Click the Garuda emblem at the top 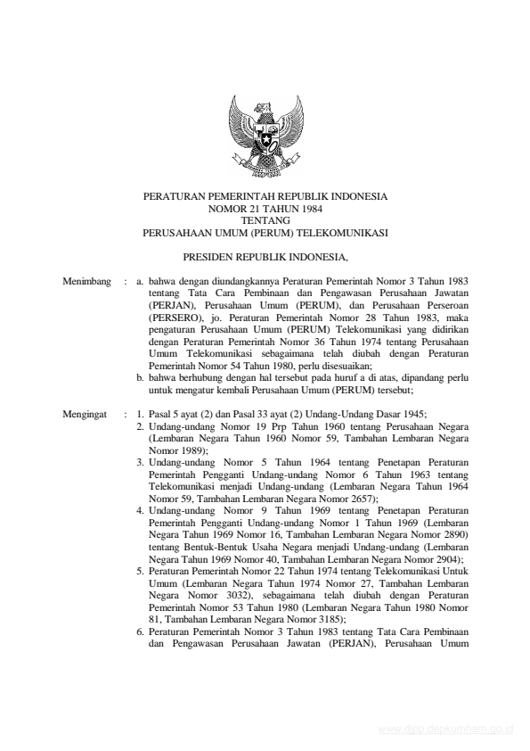[x=265, y=139]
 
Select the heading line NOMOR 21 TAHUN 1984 [x=265, y=207]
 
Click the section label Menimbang [x=87, y=282]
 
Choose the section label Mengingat [x=86, y=415]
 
